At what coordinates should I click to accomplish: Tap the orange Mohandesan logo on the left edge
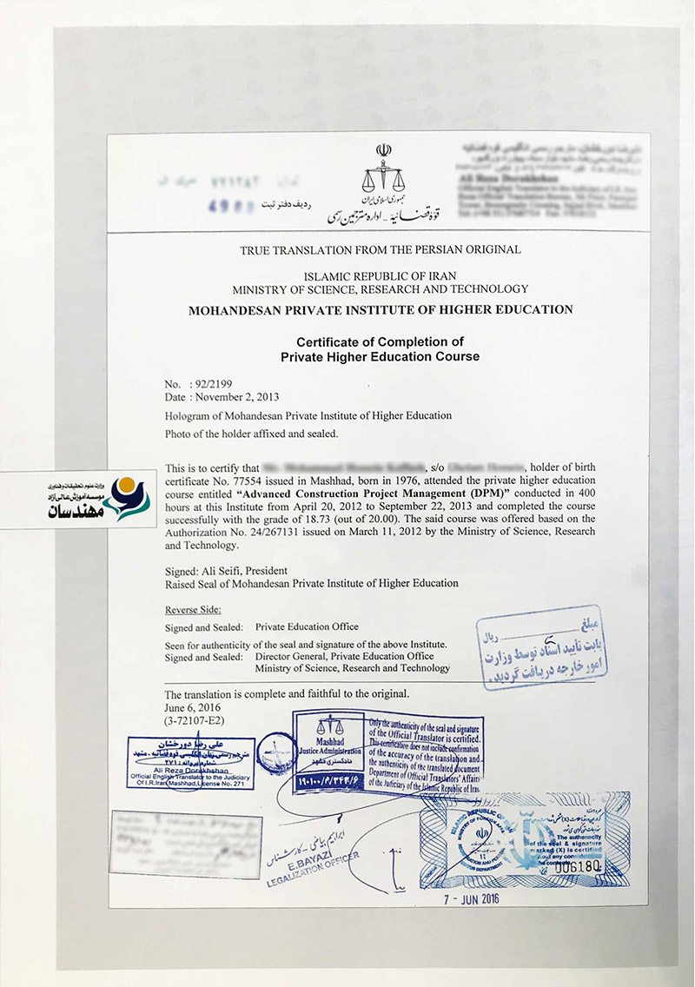[x=124, y=488]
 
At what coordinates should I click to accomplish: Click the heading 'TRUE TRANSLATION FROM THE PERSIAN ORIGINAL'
[x=380, y=250]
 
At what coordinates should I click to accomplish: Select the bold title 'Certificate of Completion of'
[x=380, y=341]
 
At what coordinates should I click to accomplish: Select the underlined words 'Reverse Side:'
[x=193, y=610]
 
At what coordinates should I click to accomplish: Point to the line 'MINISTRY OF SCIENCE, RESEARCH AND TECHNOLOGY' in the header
[x=380, y=289]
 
